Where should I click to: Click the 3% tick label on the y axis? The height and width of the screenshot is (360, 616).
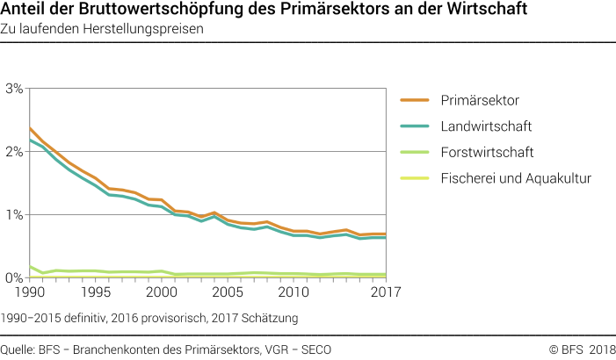[14, 89]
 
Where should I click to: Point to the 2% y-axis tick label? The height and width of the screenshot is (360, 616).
[14, 152]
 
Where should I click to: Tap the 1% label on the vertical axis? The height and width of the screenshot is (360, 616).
[14, 215]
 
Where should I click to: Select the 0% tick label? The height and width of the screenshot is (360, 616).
[14, 277]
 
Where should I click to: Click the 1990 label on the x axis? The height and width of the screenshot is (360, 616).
[29, 292]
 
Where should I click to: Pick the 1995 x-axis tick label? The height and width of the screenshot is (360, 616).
[95, 292]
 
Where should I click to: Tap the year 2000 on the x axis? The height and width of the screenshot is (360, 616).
[161, 292]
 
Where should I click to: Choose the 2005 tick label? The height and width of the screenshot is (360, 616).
[228, 292]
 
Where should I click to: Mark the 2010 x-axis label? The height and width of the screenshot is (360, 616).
[293, 292]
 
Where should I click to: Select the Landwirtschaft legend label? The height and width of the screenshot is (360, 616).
[486, 127]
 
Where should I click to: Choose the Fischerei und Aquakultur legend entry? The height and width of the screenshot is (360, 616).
[516, 178]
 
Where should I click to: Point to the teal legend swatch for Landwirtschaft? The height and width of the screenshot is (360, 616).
[416, 127]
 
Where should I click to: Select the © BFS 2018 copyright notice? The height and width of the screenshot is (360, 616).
[582, 349]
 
